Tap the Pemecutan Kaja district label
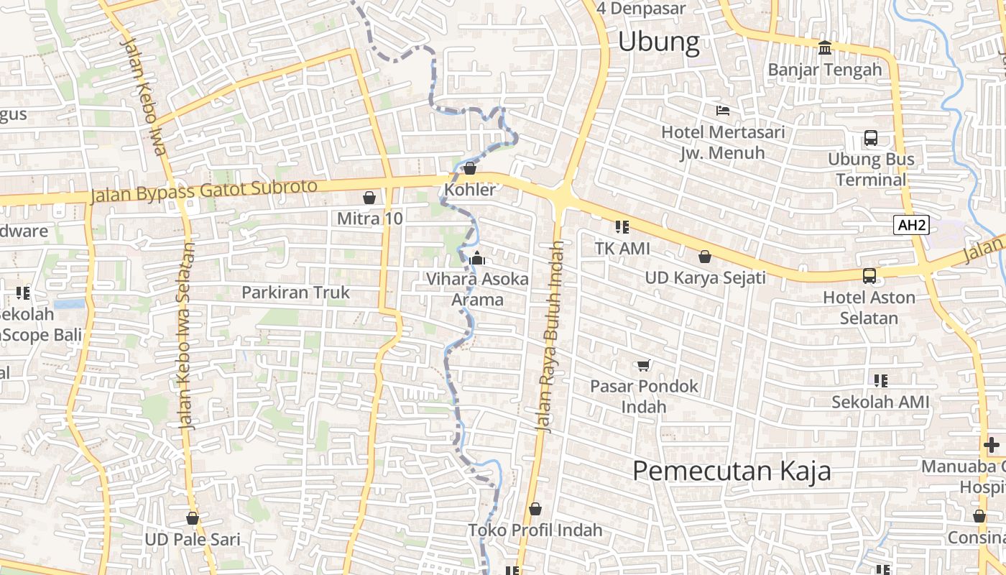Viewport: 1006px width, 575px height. click(732, 471)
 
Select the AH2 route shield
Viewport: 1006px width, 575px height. click(912, 225)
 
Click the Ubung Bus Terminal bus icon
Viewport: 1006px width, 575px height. click(870, 137)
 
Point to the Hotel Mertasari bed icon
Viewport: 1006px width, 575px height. click(723, 111)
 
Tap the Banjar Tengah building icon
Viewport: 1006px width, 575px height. click(824, 47)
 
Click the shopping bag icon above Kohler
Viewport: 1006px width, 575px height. click(470, 168)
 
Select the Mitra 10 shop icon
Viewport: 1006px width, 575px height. click(369, 197)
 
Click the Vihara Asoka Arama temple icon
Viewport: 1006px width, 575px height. click(477, 258)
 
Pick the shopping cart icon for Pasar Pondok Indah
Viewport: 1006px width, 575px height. click(643, 365)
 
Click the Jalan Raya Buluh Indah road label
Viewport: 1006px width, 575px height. click(550, 336)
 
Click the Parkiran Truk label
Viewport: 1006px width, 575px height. click(295, 293)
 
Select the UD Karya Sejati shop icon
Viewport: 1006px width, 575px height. click(705, 257)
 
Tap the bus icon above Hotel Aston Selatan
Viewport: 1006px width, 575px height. click(869, 275)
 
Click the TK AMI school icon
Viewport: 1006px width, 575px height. click(622, 227)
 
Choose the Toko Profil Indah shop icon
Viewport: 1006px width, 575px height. click(535, 509)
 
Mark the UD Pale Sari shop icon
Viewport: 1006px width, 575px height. click(192, 517)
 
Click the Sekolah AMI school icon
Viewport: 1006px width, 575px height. click(881, 381)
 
